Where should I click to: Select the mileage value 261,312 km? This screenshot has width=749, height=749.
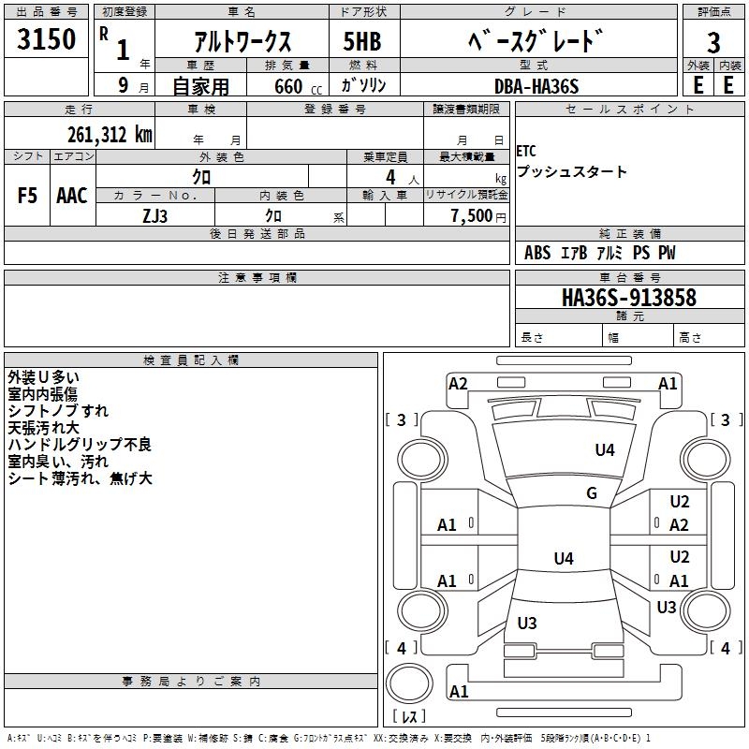(110, 134)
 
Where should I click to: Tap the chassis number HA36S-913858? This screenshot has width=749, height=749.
(628, 298)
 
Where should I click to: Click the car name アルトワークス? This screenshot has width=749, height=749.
(242, 42)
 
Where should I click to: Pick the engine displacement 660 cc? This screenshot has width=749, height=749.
(288, 86)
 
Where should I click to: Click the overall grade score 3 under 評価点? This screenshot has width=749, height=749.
(713, 42)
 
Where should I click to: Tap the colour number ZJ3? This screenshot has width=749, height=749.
(155, 215)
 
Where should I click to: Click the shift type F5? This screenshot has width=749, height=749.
(28, 196)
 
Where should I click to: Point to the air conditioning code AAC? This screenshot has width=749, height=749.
(72, 196)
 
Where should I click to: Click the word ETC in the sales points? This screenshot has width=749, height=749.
(526, 152)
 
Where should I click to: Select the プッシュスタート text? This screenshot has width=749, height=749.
(571, 172)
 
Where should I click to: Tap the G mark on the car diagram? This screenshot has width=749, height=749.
(592, 493)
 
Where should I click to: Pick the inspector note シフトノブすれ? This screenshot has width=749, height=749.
(58, 410)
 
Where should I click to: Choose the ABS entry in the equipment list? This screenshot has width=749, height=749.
(537, 253)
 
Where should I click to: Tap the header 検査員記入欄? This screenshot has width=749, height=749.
(191, 360)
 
